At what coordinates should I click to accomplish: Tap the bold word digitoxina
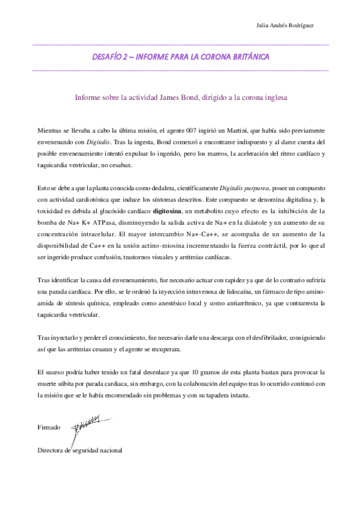point(166,211)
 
